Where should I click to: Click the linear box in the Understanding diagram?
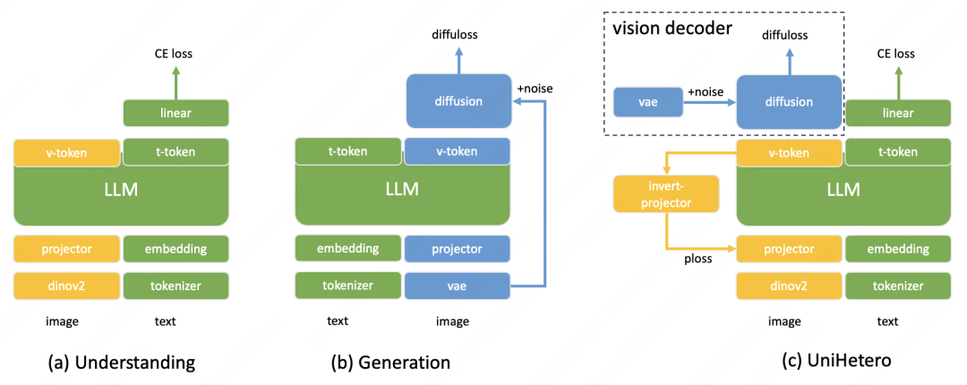175,113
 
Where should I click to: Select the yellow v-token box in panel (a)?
66,152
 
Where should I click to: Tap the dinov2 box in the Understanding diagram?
66,287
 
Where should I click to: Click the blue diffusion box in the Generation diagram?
458,101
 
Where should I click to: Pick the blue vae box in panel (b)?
458,287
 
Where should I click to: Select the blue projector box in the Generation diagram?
458,249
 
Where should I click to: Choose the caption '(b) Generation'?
390,363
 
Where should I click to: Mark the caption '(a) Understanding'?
122,363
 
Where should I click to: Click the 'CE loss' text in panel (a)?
173,54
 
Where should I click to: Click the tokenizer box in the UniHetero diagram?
897,287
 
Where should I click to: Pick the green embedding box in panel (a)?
175,249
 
